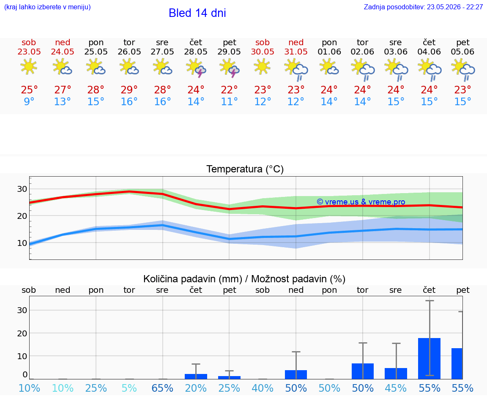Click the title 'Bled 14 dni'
pos(197,13)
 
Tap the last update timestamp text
pos(423,7)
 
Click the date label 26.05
pos(129,52)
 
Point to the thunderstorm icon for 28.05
pos(196,68)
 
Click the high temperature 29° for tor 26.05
pos(129,90)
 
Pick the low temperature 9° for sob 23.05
pos(29,101)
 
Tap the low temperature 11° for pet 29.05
pos(229,101)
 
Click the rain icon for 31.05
pos(296,70)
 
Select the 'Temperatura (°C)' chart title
pos(245,169)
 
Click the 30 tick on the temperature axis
pos(22,189)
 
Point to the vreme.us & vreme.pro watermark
pos(361,202)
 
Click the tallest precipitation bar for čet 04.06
pos(429,359)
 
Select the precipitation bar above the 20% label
pos(196,377)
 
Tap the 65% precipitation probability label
pos(162,388)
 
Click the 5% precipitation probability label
pos(129,388)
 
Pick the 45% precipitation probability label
pos(396,388)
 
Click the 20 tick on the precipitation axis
pos(22,333)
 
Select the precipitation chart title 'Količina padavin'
pos(180,279)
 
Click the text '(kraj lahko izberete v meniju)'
pos(47,7)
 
